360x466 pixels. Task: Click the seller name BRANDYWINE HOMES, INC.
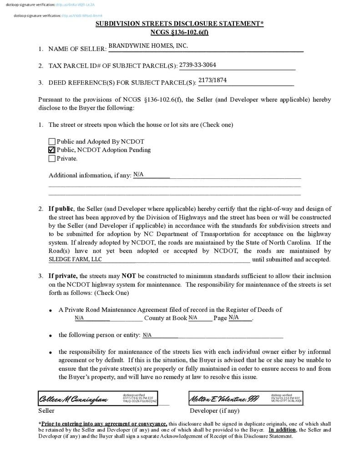click(148, 46)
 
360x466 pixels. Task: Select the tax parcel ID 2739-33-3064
click(198, 65)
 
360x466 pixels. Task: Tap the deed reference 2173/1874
click(212, 80)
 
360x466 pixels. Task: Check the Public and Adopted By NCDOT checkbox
click(52, 142)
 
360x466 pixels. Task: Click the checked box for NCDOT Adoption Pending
click(52, 150)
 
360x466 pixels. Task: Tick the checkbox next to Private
click(52, 158)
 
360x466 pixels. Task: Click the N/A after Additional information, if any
click(138, 174)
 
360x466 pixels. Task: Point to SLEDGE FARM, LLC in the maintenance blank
click(75, 259)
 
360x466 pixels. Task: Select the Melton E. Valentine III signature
click(224, 399)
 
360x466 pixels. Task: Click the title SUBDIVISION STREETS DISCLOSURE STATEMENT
click(179, 24)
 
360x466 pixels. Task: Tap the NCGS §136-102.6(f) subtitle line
click(179, 32)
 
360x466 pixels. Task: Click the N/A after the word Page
click(233, 317)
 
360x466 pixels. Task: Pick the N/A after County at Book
click(193, 318)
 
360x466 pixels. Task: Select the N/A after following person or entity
click(147, 335)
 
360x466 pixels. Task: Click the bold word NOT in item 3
click(129, 276)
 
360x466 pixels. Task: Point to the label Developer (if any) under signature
click(214, 410)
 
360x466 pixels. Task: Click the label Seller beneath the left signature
click(46, 410)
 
